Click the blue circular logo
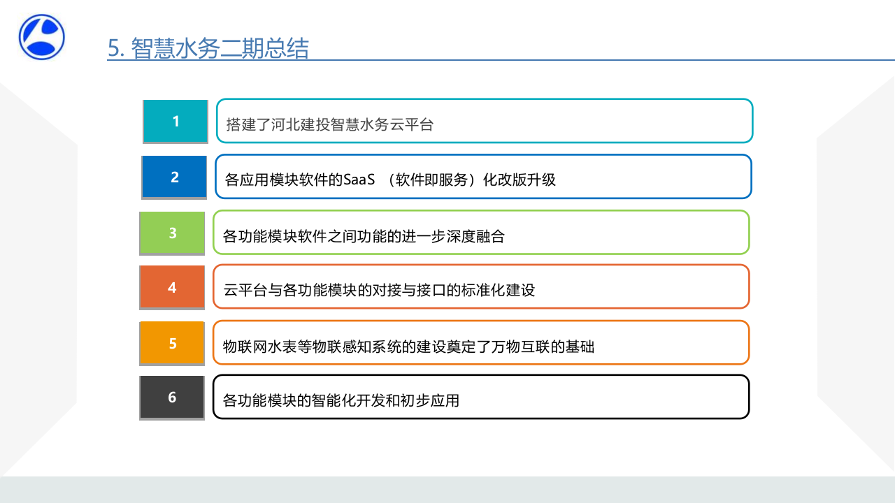tap(42, 37)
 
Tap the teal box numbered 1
tap(176, 122)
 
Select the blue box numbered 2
tap(174, 177)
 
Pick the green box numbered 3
tap(173, 233)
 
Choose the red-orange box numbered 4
tap(172, 287)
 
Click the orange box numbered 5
tap(172, 344)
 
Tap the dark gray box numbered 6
tap(172, 398)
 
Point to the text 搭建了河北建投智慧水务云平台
tap(330, 125)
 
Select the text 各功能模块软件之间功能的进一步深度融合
tap(364, 236)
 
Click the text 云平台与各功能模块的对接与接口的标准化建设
tap(379, 290)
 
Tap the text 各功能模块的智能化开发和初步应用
tap(341, 401)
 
